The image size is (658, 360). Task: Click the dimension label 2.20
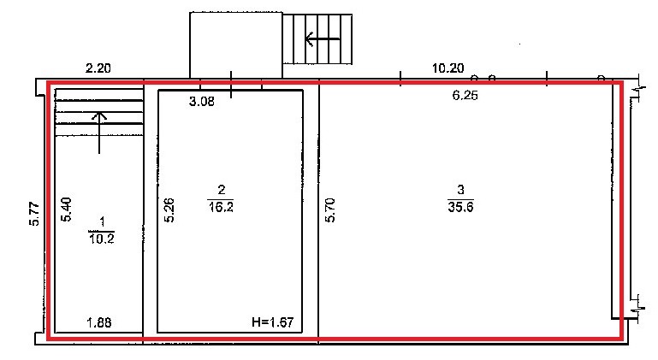tap(98, 68)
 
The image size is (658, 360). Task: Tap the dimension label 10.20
tap(448, 68)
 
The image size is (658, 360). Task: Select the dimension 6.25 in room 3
tap(465, 96)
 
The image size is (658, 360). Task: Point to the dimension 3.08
tap(202, 101)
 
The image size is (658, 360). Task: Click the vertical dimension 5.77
tap(34, 214)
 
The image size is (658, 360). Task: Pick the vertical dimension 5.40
tap(66, 210)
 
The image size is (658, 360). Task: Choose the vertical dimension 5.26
tap(169, 210)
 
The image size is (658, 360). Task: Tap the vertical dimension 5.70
tap(330, 210)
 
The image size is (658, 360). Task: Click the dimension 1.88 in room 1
tap(99, 322)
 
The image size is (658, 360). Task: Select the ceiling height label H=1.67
tap(273, 322)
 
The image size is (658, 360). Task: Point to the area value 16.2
tap(221, 207)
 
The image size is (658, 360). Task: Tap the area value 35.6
tap(460, 207)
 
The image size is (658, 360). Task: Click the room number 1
tap(102, 222)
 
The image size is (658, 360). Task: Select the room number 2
tap(221, 190)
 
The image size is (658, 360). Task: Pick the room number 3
tap(460, 190)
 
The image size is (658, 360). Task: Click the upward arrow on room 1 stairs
tap(99, 133)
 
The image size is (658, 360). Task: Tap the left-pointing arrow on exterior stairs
tap(323, 39)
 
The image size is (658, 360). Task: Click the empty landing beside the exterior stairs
tap(236, 45)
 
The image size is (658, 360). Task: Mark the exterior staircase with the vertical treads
tap(317, 39)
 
